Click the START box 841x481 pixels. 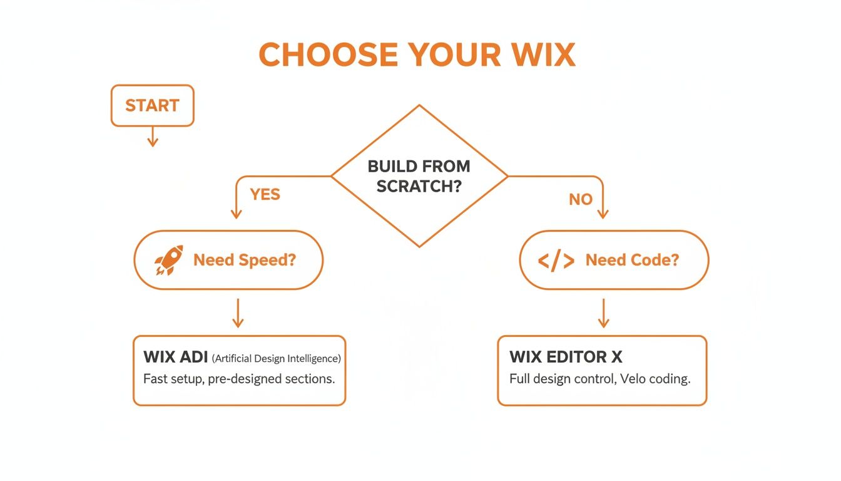[x=152, y=105]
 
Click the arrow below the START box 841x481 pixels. [x=152, y=137]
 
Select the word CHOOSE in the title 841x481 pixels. [x=328, y=55]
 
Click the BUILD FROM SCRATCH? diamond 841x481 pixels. [x=419, y=176]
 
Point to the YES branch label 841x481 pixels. [x=265, y=194]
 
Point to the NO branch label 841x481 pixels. [x=580, y=199]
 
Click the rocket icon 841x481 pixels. [x=169, y=260]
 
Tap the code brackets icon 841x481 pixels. [x=556, y=261]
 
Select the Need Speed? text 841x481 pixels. [x=244, y=260]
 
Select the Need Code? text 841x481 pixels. [x=632, y=260]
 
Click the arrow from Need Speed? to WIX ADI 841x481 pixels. [x=237, y=313]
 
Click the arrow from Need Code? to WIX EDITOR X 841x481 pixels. [x=603, y=313]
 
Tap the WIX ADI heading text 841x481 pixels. [x=175, y=358]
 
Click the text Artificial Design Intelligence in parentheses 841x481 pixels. [x=276, y=359]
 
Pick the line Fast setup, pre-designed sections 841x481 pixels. [x=238, y=379]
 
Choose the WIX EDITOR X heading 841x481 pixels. [x=566, y=358]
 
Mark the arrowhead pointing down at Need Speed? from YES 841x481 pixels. [x=236, y=214]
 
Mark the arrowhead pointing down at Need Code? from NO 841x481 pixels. [x=603, y=214]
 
